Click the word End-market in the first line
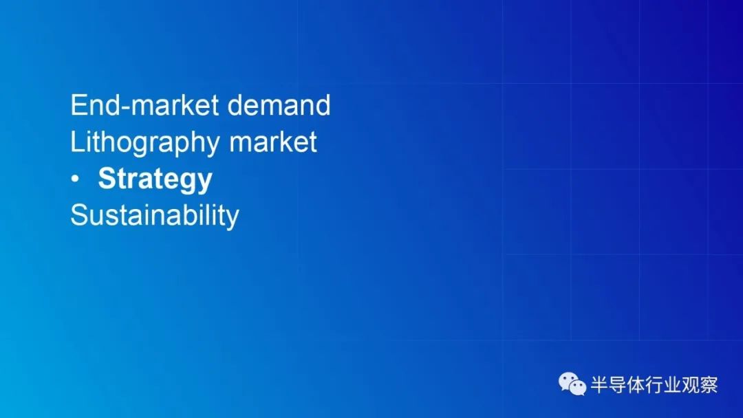[x=144, y=104]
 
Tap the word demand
[x=279, y=104]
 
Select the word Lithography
[x=145, y=143]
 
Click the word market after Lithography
[x=273, y=142]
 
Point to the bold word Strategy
[x=155, y=179]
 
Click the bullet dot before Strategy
[x=75, y=179]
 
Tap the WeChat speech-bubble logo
[x=572, y=384]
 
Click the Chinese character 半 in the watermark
[x=599, y=384]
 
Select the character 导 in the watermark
[x=617, y=384]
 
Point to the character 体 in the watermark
[x=636, y=384]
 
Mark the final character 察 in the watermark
[x=709, y=384]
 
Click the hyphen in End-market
[x=126, y=107]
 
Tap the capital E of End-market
[x=78, y=104]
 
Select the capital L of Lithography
[x=77, y=142]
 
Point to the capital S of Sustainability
[x=78, y=215]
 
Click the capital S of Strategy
[x=107, y=178]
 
